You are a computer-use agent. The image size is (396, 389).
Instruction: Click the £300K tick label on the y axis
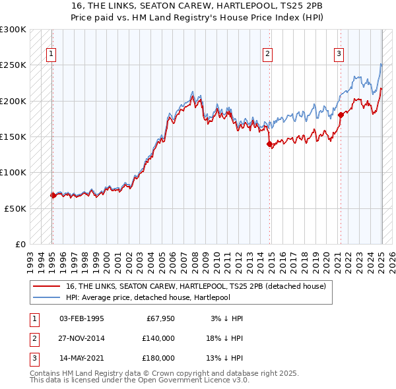click(x=13, y=30)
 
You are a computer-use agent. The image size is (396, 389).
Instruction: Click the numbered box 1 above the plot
click(x=51, y=55)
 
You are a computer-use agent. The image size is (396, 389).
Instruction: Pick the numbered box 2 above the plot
click(x=267, y=55)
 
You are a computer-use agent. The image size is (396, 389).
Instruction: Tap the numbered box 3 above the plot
click(x=339, y=55)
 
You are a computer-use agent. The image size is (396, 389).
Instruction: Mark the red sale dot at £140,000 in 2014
click(x=269, y=144)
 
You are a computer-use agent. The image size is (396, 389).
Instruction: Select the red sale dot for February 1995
click(x=53, y=195)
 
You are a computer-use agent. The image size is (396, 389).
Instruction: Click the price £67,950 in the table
click(x=158, y=318)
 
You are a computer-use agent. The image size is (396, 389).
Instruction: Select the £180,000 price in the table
click(x=158, y=358)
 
